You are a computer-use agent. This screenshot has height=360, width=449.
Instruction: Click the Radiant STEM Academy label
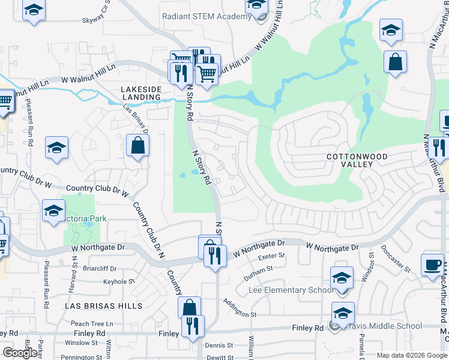206,16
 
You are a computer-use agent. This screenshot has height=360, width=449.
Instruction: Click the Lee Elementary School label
291,290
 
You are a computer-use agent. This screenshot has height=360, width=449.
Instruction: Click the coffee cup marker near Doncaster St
432,265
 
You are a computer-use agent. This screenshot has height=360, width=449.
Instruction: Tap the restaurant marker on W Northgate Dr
214,256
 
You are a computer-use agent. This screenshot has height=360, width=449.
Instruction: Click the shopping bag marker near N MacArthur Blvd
396,62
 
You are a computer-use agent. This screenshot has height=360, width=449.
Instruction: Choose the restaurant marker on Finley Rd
193,326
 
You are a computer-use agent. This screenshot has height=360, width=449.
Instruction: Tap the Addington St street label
240,314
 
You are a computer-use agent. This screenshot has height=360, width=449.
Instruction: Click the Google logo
20,352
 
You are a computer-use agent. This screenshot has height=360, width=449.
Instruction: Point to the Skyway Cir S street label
98,20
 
